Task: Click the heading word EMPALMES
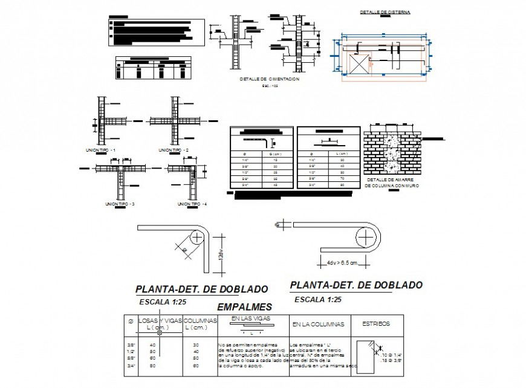244,307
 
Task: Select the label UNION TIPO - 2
174,150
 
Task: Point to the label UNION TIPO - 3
120,204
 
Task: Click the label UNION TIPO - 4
192,204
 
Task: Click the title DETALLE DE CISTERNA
385,11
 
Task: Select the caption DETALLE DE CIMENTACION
269,79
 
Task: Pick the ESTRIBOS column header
375,324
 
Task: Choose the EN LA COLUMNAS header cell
318,325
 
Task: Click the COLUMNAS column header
200,321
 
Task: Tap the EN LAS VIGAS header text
250,318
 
